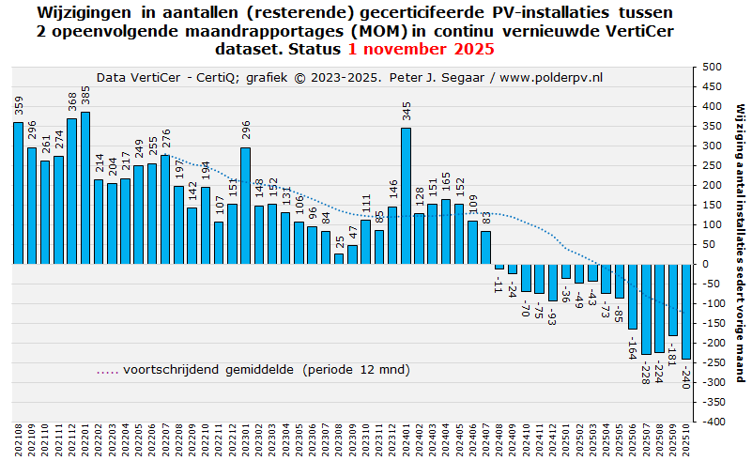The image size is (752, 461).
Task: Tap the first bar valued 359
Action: click(18, 192)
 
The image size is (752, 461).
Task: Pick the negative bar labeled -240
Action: click(686, 311)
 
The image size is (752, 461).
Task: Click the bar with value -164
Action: click(633, 296)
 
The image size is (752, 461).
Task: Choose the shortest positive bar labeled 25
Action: click(339, 258)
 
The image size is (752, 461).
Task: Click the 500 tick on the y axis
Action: click(711, 68)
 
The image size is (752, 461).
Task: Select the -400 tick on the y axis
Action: click(711, 423)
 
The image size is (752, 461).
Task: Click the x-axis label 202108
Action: click(18, 441)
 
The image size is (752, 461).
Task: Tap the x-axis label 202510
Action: click(686, 441)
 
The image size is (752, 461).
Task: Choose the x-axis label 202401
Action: click(406, 441)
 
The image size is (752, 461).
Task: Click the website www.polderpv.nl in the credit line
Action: click(551, 78)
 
